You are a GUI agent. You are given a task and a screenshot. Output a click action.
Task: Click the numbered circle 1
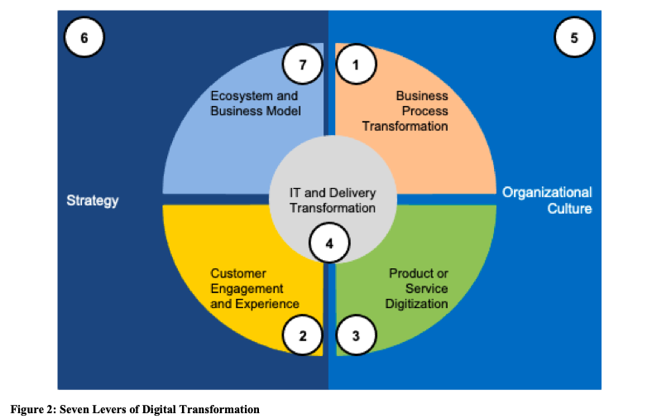[x=356, y=65]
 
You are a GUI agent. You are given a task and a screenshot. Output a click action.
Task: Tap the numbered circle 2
[x=303, y=335]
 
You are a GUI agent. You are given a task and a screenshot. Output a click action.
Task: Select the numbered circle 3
[x=356, y=335]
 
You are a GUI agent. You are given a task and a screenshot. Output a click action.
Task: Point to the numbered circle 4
[x=329, y=243]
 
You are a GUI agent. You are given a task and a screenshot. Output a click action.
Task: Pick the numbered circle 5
[x=574, y=37]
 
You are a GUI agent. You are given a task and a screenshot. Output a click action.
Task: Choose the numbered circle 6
[x=84, y=37]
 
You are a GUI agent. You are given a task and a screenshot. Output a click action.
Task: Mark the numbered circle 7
[x=303, y=65]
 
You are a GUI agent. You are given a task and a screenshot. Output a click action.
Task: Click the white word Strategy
[x=93, y=200]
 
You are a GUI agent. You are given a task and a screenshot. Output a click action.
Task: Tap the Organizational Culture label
[x=547, y=200]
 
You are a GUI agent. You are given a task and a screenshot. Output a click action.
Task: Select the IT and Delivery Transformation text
[x=333, y=200]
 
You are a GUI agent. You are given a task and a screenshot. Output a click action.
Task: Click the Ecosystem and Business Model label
[x=256, y=104]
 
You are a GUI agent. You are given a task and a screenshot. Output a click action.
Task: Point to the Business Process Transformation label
[x=405, y=111]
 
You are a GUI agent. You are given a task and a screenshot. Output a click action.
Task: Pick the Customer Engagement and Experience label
[x=255, y=288]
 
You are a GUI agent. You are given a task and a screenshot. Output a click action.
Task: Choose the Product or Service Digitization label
[x=417, y=288]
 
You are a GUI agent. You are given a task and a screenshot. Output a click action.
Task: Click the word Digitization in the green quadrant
[x=417, y=304]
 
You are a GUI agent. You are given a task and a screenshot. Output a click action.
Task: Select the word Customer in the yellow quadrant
[x=238, y=273]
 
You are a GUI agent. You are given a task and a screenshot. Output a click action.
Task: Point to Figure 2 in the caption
[x=33, y=409]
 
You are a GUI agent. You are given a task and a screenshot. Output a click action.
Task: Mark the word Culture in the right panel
[x=569, y=209]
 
